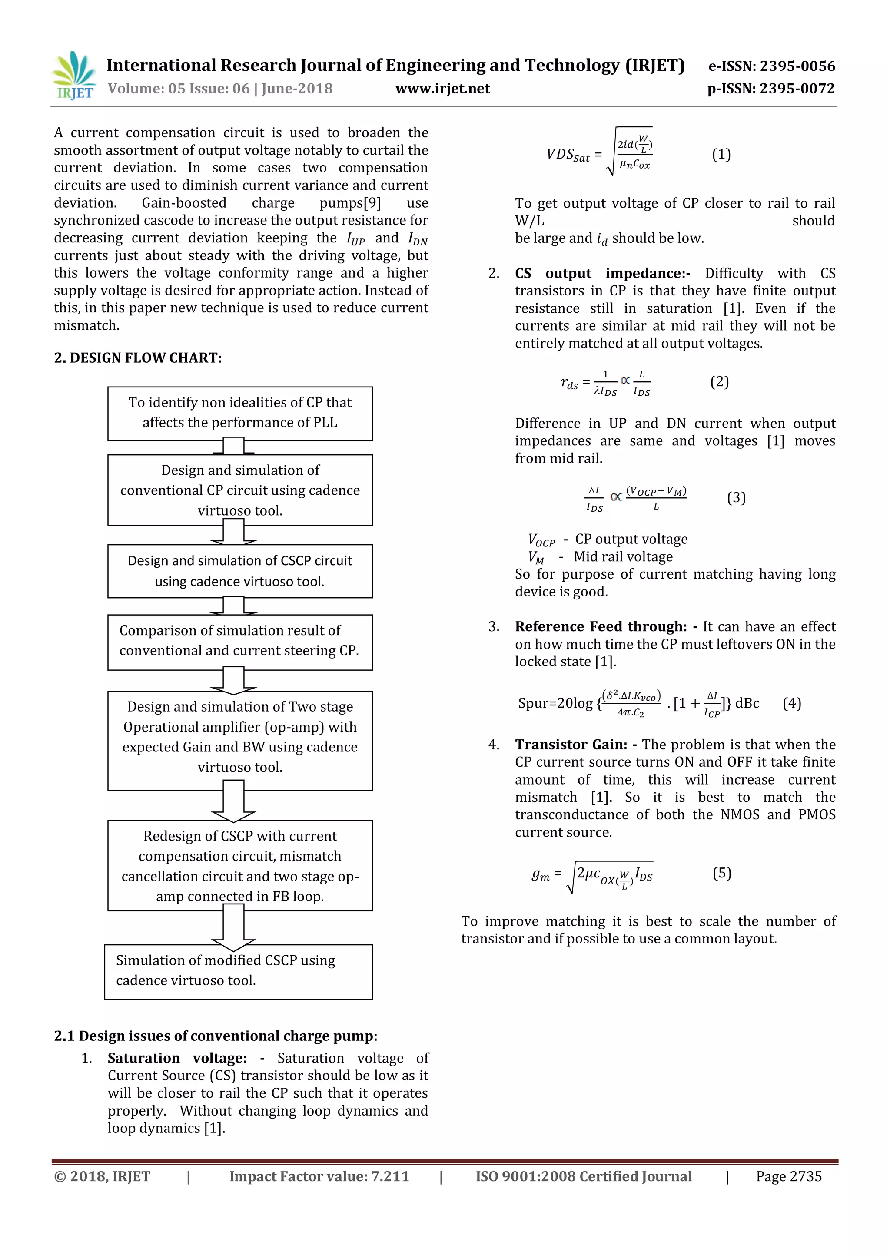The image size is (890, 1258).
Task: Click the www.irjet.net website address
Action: click(x=442, y=89)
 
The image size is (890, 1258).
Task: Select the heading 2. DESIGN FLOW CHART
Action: click(x=138, y=358)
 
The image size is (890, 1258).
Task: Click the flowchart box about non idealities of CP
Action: click(x=240, y=413)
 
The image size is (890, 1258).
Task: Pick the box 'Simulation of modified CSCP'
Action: click(x=239, y=971)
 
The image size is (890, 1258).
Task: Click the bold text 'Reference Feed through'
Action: click(x=601, y=626)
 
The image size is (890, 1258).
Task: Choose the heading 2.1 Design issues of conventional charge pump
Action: click(x=216, y=1036)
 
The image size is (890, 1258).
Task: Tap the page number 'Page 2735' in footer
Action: click(x=789, y=1176)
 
